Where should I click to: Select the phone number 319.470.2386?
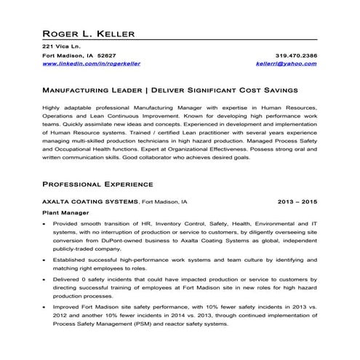coord(296,56)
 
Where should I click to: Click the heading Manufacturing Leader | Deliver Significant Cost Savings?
coord(169,92)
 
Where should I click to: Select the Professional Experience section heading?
coord(97,184)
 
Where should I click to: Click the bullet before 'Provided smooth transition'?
coord(46,224)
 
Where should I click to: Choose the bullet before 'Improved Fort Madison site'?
coord(46,308)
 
